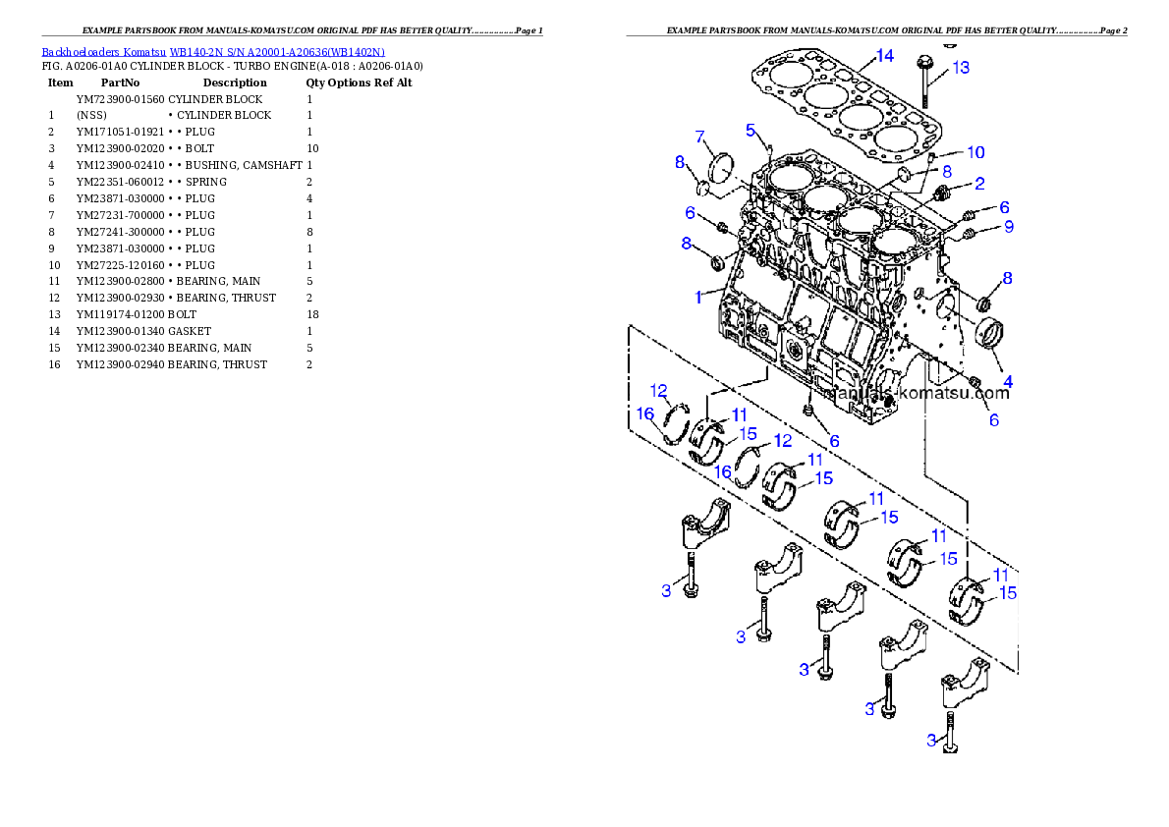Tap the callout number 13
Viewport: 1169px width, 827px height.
961,68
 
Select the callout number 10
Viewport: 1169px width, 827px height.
974,152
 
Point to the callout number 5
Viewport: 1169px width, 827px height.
751,130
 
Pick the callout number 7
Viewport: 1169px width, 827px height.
700,137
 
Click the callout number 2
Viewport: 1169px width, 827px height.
979,183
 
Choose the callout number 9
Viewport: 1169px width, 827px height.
1007,227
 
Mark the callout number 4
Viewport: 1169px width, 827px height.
1007,381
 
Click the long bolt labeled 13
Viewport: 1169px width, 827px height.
925,83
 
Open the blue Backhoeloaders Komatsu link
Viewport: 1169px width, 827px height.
213,51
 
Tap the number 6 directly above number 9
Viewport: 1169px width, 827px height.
1003,207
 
